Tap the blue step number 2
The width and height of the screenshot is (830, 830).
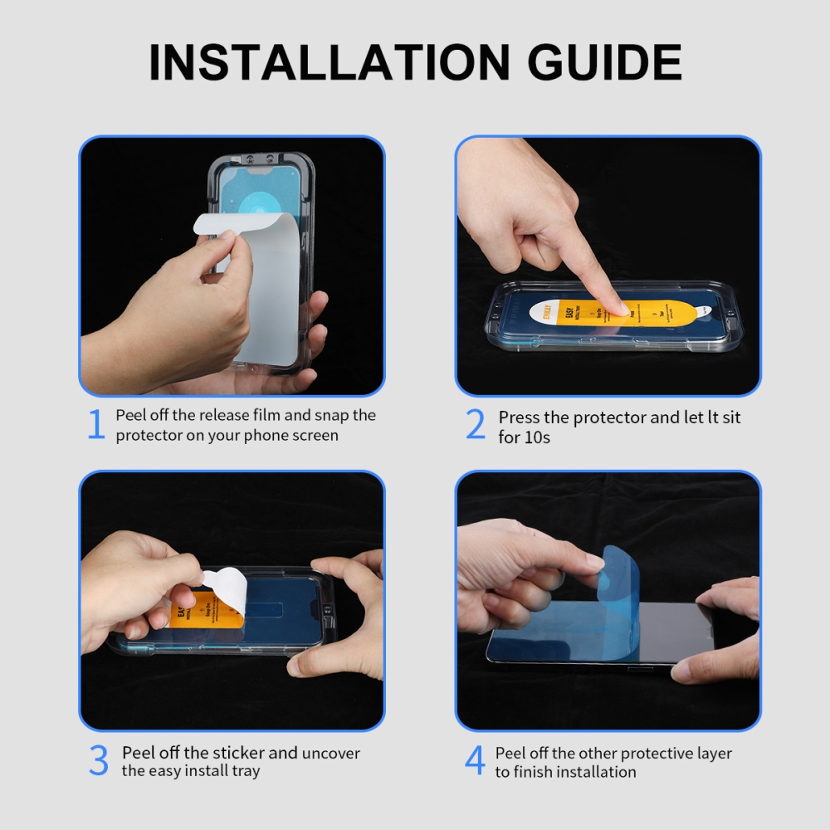[x=475, y=425]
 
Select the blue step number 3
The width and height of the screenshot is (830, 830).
[x=98, y=762]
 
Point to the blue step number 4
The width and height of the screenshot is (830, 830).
[x=474, y=762]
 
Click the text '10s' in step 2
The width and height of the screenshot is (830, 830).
[x=536, y=437]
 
